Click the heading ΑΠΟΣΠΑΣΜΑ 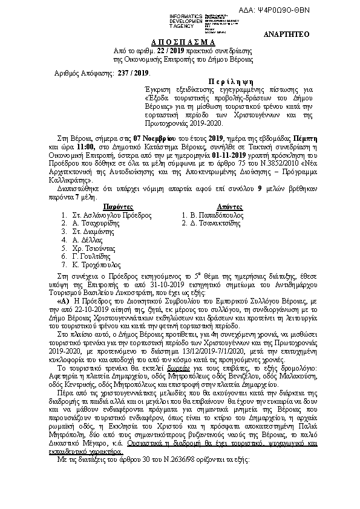[x=181, y=42]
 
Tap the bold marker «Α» [x=62, y=299]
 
